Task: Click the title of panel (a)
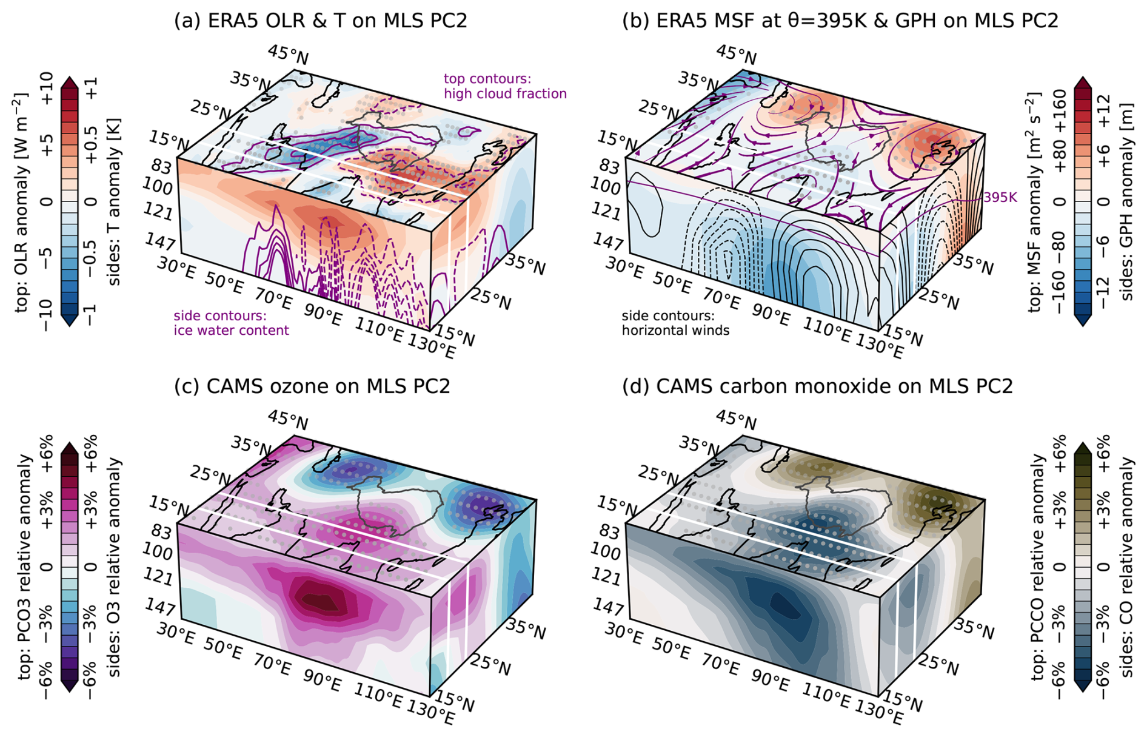pos(321,21)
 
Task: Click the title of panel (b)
pos(840,21)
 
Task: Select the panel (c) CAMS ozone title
pos(312,386)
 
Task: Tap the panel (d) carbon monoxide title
pos(818,386)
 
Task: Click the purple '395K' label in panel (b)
pos(1000,198)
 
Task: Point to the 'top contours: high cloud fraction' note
pos(505,86)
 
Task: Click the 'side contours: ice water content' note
pos(231,323)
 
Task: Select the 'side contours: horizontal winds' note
pos(675,323)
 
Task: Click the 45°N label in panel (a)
pos(288,55)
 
